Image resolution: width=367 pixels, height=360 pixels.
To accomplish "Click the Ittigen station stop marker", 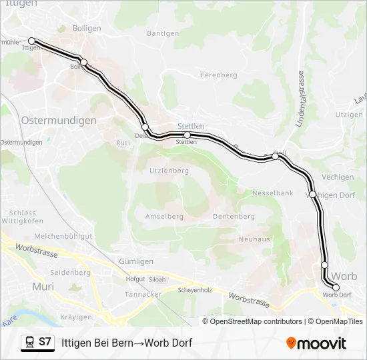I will (x=31, y=41).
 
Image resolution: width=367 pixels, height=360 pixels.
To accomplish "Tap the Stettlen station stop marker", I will (x=187, y=135).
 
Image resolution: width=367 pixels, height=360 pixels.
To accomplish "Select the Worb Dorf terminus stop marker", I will (x=336, y=287).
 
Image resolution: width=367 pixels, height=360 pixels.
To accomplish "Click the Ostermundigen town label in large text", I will (x=59, y=121).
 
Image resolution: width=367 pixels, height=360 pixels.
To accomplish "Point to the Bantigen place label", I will (x=163, y=33).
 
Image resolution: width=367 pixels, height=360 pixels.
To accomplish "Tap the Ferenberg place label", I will (x=219, y=75).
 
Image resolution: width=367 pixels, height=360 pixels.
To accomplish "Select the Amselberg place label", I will (x=164, y=217).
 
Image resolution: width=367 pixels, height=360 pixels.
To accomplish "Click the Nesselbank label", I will (x=272, y=193).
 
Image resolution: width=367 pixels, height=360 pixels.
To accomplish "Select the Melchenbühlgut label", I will (x=63, y=236).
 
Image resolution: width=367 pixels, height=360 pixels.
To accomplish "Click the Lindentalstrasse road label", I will (x=301, y=99).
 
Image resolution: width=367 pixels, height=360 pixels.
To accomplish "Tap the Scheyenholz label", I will (x=195, y=290).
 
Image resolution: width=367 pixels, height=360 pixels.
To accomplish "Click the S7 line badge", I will (x=45, y=342).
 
